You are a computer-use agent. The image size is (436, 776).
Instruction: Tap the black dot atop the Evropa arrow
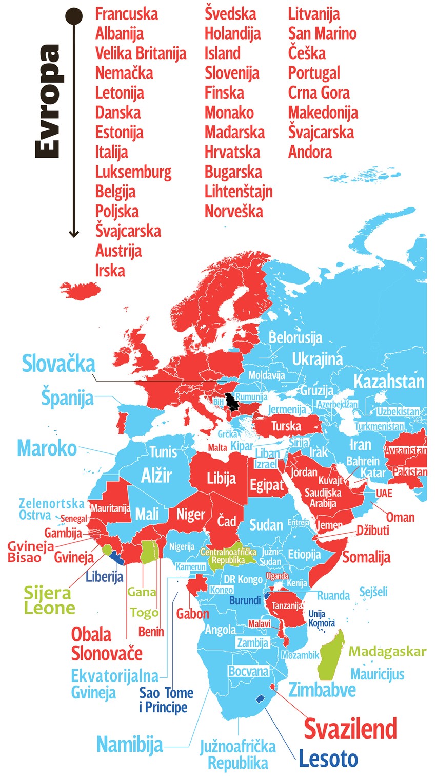click(x=74, y=16)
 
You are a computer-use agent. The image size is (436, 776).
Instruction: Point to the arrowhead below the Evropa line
click(x=74, y=234)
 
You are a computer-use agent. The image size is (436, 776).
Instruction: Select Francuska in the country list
click(x=127, y=14)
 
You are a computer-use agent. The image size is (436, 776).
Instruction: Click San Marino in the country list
click(x=322, y=33)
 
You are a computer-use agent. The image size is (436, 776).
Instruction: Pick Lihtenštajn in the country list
click(x=239, y=192)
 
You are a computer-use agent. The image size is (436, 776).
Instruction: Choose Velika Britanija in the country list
click(x=141, y=53)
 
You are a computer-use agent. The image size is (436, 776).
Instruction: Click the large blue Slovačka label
click(x=58, y=364)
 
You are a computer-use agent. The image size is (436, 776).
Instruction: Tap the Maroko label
click(x=47, y=448)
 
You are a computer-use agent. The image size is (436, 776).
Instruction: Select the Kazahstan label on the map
click(x=389, y=382)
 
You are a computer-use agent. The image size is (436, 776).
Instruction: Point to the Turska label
click(x=286, y=426)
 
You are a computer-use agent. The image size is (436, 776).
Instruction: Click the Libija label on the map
click(x=221, y=479)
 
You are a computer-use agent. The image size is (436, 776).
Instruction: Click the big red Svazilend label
click(x=350, y=728)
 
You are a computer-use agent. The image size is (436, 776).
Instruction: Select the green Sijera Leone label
click(x=49, y=600)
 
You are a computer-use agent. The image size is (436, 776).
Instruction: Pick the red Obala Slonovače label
click(x=107, y=643)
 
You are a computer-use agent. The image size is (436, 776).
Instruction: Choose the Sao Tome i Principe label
click(x=166, y=700)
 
